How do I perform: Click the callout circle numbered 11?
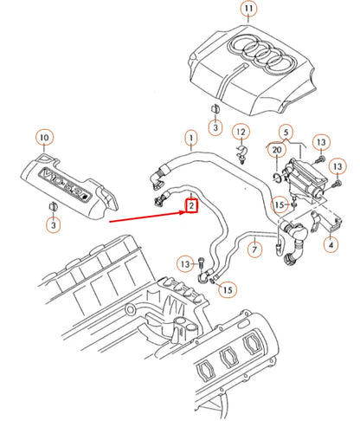[x=249, y=10]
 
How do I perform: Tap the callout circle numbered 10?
[x=44, y=137]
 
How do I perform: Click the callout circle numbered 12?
[x=241, y=132]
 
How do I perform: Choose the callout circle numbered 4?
[x=331, y=245]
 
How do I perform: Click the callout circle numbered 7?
[x=254, y=250]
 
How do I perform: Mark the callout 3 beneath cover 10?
[x=54, y=225]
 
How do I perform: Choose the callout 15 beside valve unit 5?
[x=279, y=204]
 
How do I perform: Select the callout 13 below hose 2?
[x=184, y=262]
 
